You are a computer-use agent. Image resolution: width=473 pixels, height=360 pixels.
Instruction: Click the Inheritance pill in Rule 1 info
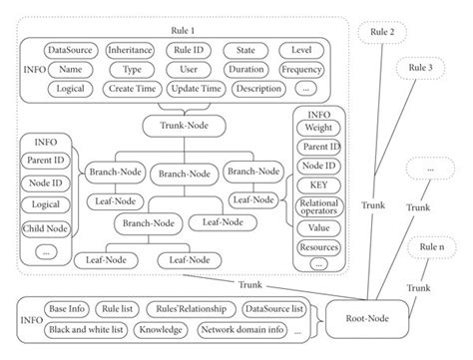[x=128, y=49]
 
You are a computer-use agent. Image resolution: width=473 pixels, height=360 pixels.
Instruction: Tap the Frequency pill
[x=301, y=70]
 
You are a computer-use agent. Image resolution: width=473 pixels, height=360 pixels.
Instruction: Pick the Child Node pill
[x=45, y=229]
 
